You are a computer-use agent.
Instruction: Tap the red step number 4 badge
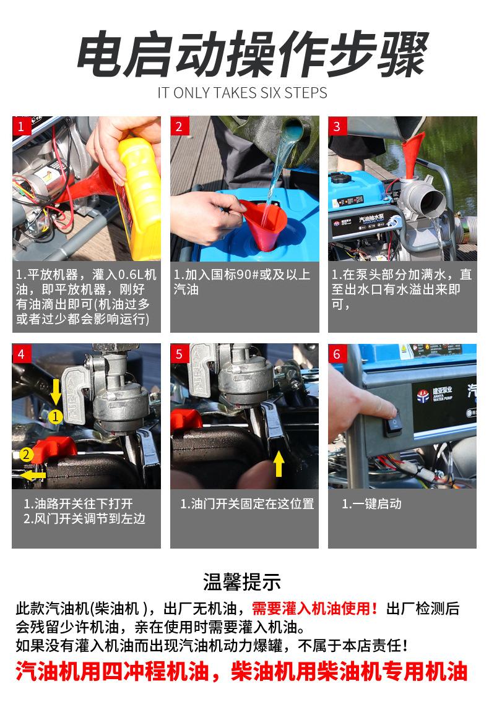tap(20, 353)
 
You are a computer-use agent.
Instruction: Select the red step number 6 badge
tap(337, 353)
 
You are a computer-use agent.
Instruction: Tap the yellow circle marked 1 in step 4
tap(55, 417)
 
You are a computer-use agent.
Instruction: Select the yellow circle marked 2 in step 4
tap(27, 455)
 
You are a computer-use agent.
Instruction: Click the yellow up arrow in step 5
tap(279, 463)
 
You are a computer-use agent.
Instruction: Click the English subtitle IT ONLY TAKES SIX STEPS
tap(242, 93)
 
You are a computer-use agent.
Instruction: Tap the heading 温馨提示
tap(242, 581)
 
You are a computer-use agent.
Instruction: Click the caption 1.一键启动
tap(371, 503)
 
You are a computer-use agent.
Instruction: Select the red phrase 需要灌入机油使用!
tap(315, 609)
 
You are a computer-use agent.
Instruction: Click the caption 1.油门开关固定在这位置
tap(247, 503)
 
